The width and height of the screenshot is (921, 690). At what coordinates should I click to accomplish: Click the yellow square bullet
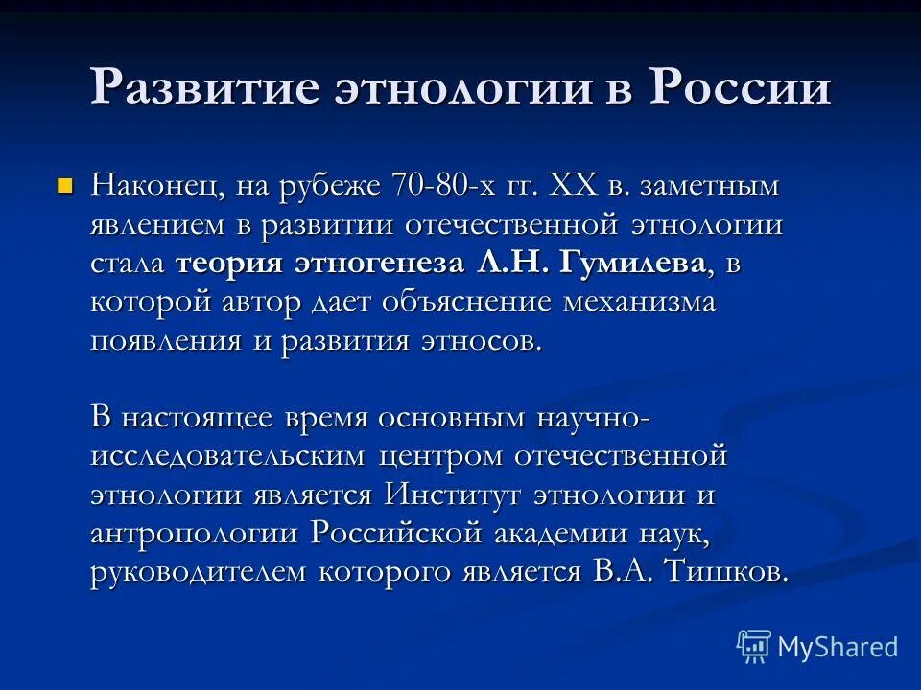tap(65, 183)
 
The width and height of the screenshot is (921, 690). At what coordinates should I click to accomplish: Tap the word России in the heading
tap(742, 87)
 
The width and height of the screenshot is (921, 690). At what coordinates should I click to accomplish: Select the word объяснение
tap(463, 303)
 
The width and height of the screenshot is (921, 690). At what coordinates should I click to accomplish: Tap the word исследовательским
tap(227, 457)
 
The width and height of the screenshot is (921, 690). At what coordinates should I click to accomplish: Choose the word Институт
tap(451, 495)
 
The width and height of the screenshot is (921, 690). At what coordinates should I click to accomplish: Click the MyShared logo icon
tap(753, 646)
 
